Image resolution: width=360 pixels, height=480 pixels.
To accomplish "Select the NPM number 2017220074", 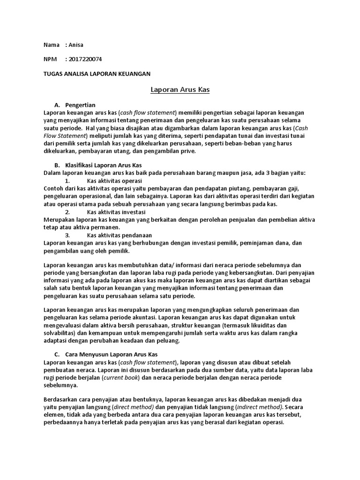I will point(86,60).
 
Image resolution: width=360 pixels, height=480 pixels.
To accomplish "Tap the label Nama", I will point(51,45).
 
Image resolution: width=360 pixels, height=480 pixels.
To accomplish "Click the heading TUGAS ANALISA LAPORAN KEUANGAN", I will point(97,74).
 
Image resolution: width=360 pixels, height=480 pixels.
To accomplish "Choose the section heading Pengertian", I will point(81,105).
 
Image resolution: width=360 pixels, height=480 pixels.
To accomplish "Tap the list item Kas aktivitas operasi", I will point(114,180).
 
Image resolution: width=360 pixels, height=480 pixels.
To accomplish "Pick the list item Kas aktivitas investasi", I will point(116,212).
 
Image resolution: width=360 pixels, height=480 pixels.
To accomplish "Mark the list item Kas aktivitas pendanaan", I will point(119,235).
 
